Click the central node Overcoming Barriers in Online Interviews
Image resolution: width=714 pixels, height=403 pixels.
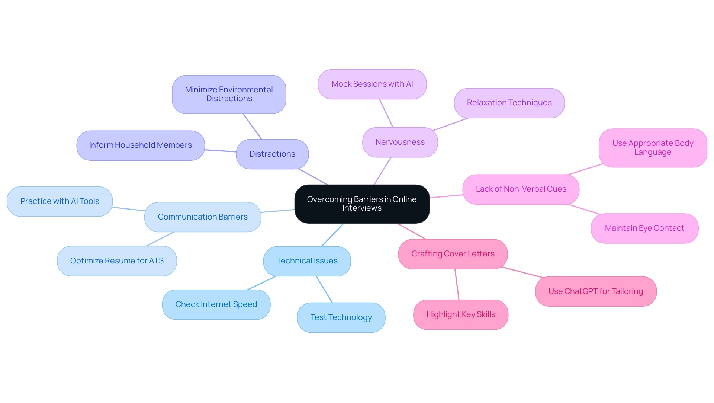362,204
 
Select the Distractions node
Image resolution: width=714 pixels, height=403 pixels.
272,154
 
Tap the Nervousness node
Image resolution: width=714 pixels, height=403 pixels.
400,142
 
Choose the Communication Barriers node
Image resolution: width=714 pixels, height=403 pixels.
203,217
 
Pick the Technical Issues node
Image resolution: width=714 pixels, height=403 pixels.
307,261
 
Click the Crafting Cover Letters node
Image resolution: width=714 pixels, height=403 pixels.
453,254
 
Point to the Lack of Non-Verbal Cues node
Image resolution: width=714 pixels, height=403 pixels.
521,189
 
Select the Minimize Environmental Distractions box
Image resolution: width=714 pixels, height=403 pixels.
229,94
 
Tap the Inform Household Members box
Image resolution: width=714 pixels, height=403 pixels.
140,145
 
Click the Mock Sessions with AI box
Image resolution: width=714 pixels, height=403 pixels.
372,84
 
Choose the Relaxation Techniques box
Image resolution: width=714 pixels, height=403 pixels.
509,103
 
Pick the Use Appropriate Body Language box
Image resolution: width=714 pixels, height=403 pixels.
653,148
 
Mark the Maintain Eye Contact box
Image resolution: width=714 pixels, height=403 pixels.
644,228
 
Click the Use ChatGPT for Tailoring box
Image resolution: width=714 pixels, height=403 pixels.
595,291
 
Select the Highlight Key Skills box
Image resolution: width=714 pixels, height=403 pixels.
460,314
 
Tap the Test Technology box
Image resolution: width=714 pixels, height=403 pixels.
341,317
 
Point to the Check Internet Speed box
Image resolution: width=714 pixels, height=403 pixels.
216,304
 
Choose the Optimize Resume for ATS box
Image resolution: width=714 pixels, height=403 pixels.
117,261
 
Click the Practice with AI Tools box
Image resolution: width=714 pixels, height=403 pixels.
59,201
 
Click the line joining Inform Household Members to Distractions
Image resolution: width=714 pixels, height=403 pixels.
220,151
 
